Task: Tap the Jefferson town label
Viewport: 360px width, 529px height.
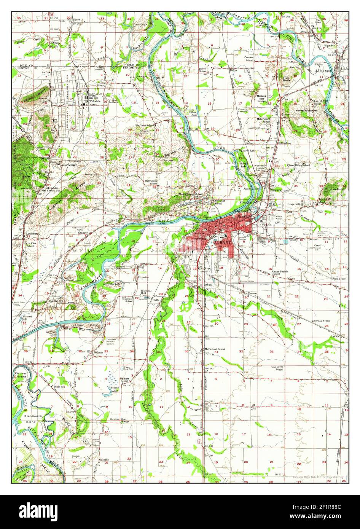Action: (324, 71)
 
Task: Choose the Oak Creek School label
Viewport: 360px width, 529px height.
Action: (279, 368)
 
